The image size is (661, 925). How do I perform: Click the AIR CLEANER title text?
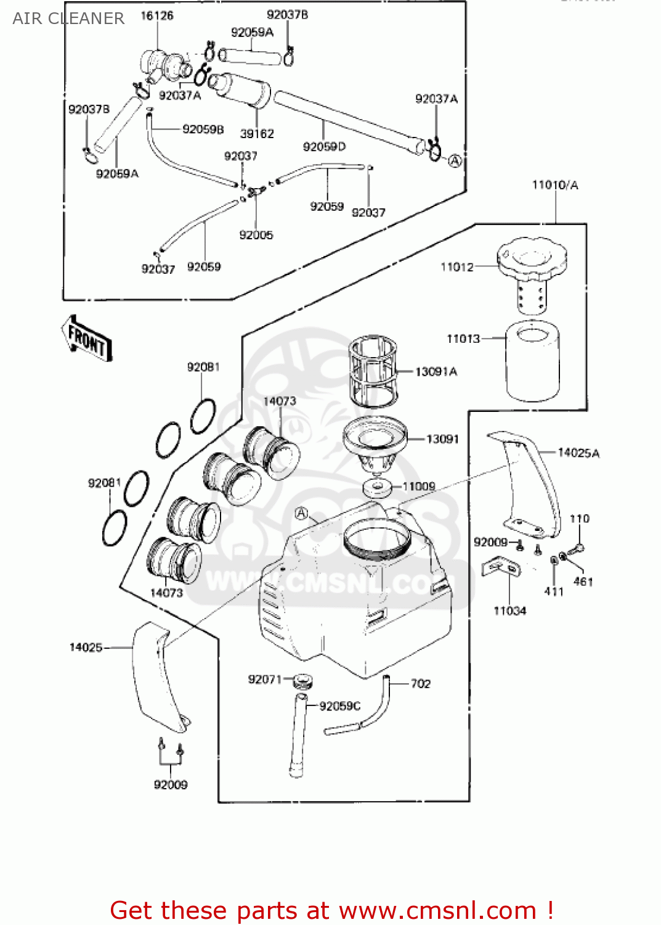(x=68, y=18)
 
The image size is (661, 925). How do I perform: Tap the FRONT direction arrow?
(x=86, y=338)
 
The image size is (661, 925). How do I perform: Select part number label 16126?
(x=157, y=15)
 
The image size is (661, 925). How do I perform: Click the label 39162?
(x=257, y=133)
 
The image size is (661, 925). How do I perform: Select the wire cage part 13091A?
(x=373, y=371)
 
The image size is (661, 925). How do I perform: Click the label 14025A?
(x=578, y=453)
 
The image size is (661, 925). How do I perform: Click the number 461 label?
(x=583, y=581)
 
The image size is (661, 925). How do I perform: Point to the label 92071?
(x=264, y=679)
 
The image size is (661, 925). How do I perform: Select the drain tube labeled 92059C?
(x=298, y=734)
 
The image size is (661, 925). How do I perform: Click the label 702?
(x=421, y=683)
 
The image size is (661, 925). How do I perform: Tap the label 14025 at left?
(x=86, y=647)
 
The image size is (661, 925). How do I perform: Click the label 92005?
(x=256, y=234)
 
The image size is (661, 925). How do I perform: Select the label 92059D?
(x=324, y=146)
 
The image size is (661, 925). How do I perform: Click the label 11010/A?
(x=555, y=184)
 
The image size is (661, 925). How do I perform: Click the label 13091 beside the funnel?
(x=442, y=438)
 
